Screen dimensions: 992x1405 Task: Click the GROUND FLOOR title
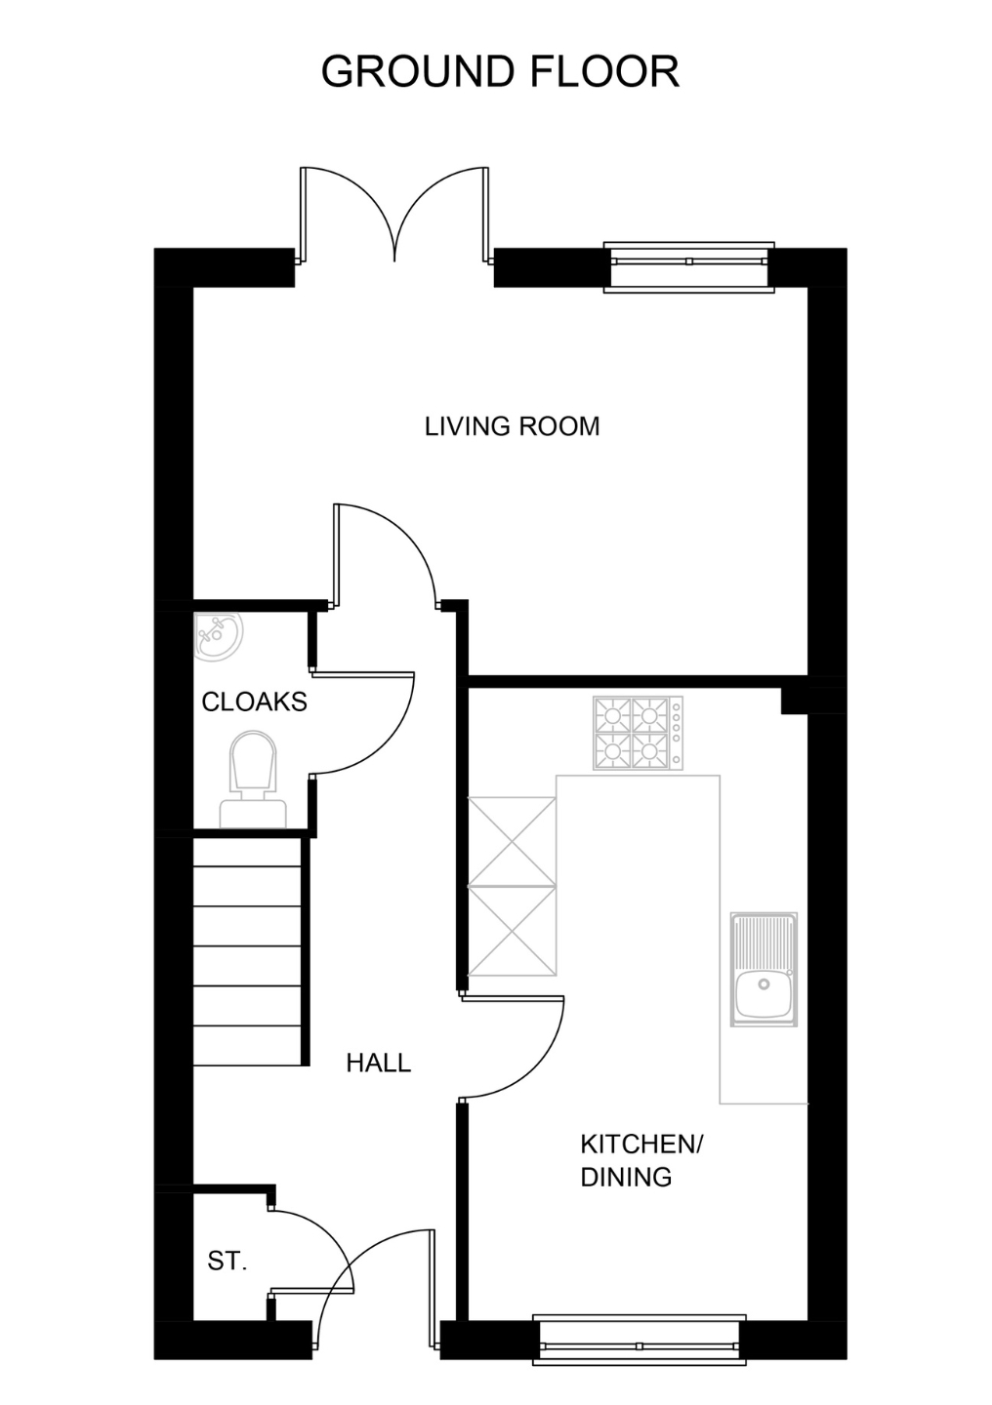500,71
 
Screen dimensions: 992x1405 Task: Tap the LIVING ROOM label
513,426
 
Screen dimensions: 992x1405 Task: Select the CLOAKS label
254,702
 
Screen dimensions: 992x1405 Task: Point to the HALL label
379,1064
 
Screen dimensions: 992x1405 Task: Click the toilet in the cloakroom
253,780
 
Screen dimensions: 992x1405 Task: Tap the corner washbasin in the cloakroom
217,635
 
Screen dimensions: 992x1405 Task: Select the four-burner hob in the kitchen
638,733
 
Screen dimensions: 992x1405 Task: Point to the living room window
688,267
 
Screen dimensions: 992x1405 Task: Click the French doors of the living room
394,217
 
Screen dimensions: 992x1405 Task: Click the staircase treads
247,951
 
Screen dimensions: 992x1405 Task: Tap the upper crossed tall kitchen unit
512,841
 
